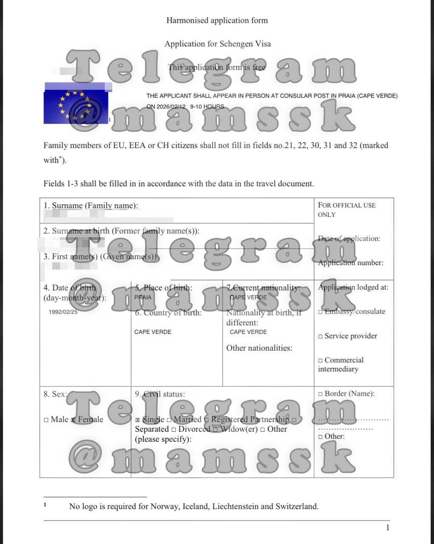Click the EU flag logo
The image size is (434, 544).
[75, 106]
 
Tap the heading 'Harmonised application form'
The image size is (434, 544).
[217, 20]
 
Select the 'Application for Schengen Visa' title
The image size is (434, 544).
[217, 44]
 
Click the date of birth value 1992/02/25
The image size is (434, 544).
[63, 312]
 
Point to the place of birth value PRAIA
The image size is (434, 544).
[143, 297]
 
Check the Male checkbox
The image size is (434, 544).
[46, 420]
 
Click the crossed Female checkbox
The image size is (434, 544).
[73, 420]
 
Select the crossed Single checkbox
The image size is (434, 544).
[138, 420]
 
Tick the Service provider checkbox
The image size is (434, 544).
[321, 336]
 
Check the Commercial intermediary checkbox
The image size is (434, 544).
[321, 360]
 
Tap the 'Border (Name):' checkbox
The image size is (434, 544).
[321, 394]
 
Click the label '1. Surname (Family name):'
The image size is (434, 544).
[91, 206]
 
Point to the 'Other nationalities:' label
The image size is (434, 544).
[259, 348]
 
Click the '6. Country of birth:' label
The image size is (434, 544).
[168, 313]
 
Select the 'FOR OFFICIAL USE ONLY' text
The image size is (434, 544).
[347, 210]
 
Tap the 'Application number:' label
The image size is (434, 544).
[350, 263]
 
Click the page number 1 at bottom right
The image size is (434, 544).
[387, 528]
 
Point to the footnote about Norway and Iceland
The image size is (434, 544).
[194, 506]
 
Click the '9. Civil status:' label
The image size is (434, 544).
[160, 394]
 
